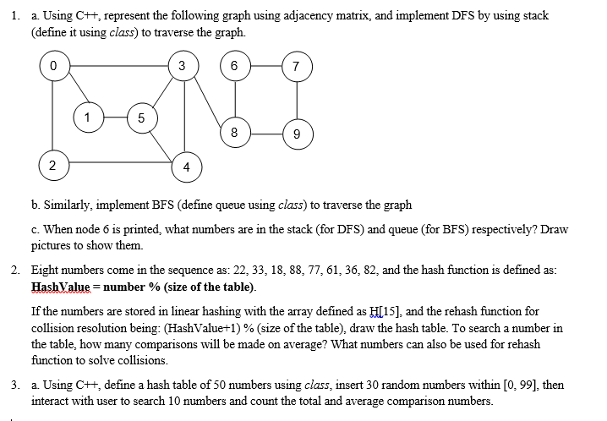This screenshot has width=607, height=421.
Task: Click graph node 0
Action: [x=52, y=66]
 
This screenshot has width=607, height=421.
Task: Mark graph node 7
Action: [x=293, y=66]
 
